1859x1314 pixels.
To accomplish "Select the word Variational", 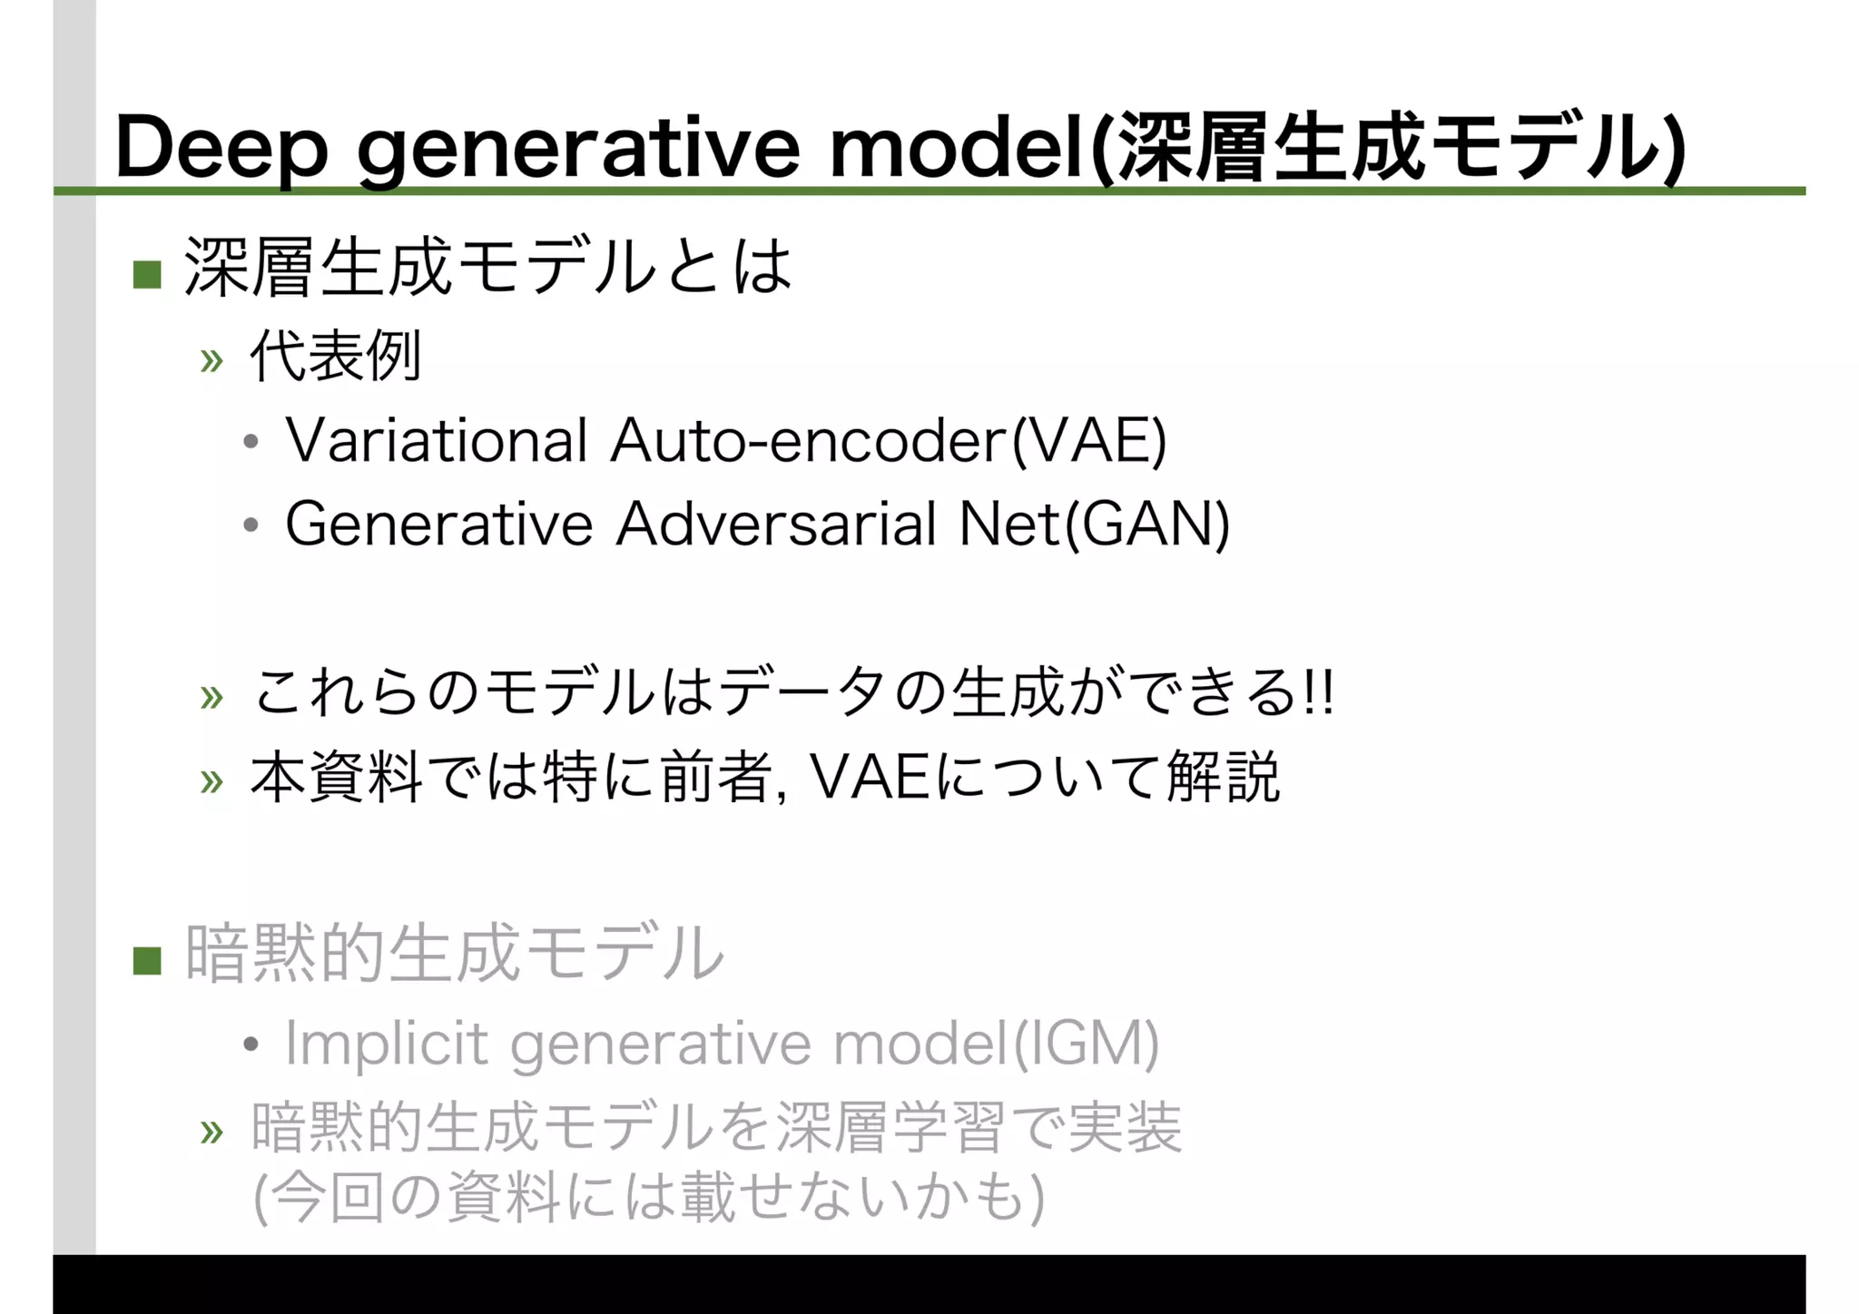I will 437,441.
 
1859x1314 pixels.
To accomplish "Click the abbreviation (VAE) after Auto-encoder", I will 1089,441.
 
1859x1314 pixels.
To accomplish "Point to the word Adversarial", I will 776,525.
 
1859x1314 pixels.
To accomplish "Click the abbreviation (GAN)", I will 1147,525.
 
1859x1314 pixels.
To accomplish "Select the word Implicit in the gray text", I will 387,1044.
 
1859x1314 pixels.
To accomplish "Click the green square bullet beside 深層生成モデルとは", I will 147,274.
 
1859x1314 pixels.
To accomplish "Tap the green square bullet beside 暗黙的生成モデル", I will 147,960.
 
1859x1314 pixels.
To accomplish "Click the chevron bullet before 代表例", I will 211,361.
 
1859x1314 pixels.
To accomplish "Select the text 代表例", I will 335,356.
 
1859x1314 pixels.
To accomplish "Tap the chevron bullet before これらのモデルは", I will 211,697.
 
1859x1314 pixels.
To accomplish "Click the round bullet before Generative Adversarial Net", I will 251,525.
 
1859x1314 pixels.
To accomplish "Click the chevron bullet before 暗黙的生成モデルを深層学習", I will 211,1132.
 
